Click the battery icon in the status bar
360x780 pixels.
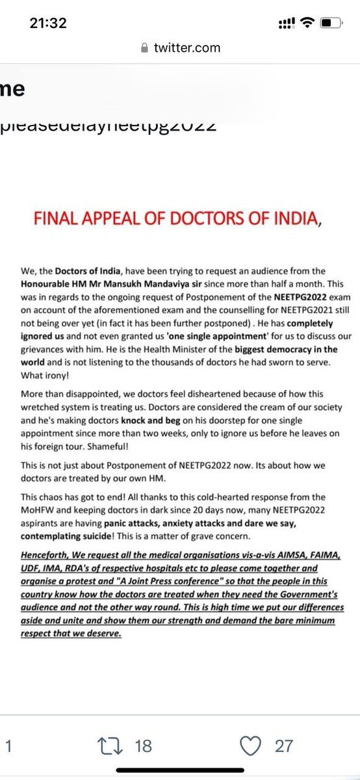[x=330, y=24]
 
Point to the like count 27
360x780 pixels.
[x=284, y=746]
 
